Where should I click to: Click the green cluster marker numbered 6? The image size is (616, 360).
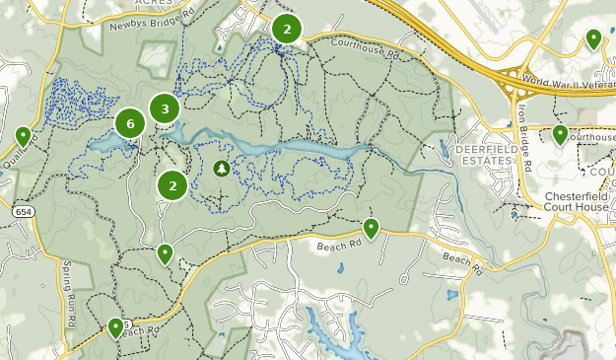coord(130,123)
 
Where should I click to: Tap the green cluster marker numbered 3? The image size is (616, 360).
coord(165,108)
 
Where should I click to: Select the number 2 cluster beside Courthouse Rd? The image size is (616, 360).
coord(286,29)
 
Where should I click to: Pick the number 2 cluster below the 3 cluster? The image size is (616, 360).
coord(172,183)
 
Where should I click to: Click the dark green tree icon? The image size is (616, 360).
coord(222,169)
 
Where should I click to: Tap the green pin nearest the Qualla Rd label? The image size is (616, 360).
coord(23,136)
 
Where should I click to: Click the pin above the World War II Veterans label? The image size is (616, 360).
coord(593,38)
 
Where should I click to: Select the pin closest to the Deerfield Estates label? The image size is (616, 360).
coord(560,134)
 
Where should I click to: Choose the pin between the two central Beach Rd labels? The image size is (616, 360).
coord(371,228)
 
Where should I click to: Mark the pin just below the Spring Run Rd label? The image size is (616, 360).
coord(116,326)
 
